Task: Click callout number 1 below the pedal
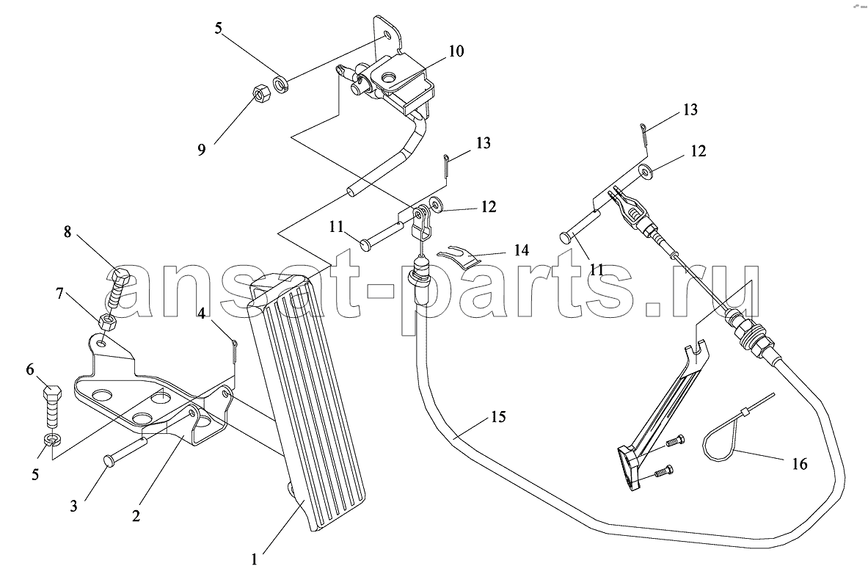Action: point(254,560)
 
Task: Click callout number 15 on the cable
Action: point(498,416)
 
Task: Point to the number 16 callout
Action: point(799,463)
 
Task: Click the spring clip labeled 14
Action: point(459,254)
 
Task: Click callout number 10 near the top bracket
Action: point(456,51)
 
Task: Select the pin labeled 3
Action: point(125,449)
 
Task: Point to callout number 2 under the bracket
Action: point(136,515)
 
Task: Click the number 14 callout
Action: point(521,250)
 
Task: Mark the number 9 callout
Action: point(202,150)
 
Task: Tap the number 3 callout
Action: point(73,506)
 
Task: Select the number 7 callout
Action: point(59,293)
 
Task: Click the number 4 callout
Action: point(202,314)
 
